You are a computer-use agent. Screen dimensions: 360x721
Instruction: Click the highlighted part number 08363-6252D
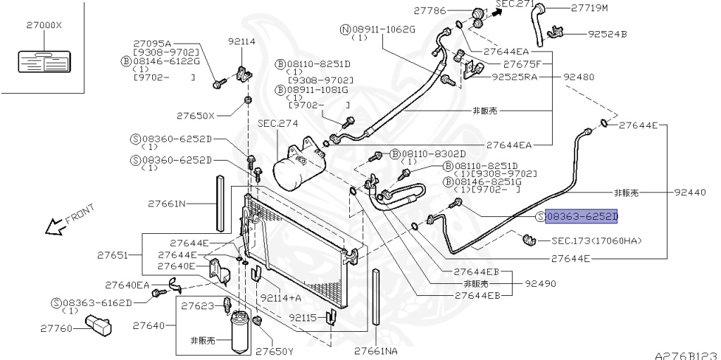(x=581, y=217)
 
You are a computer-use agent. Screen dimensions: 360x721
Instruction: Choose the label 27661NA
(x=375, y=350)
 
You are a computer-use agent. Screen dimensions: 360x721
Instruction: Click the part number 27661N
(x=167, y=204)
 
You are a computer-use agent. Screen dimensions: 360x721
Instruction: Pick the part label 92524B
(x=607, y=33)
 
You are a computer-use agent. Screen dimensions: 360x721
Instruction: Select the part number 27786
(x=431, y=10)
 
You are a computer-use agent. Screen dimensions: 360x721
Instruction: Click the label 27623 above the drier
(x=199, y=306)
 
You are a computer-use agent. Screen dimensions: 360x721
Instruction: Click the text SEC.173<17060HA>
(x=596, y=241)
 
